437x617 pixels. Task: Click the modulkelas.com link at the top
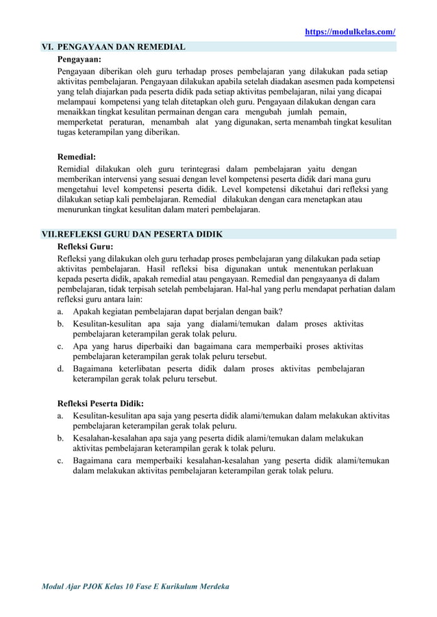click(349, 32)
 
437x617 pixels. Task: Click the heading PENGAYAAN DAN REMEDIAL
click(121, 47)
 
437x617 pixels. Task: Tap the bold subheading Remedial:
click(76, 156)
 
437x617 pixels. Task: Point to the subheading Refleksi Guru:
click(85, 247)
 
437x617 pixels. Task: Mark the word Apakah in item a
click(88, 312)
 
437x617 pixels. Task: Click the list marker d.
click(60, 369)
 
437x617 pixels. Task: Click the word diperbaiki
click(149, 346)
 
